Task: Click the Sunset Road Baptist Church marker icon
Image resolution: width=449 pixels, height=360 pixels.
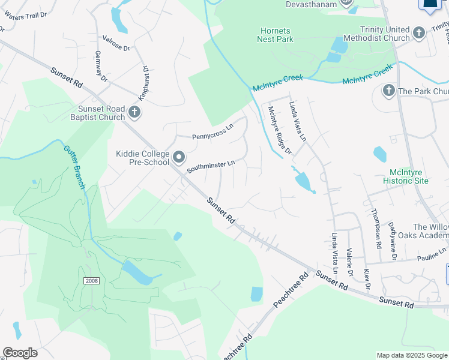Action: click(135, 111)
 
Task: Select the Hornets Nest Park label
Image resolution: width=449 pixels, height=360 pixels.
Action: click(276, 35)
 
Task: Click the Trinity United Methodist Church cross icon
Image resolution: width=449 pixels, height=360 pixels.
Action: click(419, 32)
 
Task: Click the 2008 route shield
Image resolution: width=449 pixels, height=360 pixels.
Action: click(90, 281)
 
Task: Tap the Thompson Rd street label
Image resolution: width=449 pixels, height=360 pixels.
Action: click(376, 229)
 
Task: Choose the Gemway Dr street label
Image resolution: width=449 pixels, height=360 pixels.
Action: click(100, 66)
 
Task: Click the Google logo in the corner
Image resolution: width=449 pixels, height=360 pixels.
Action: click(20, 353)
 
